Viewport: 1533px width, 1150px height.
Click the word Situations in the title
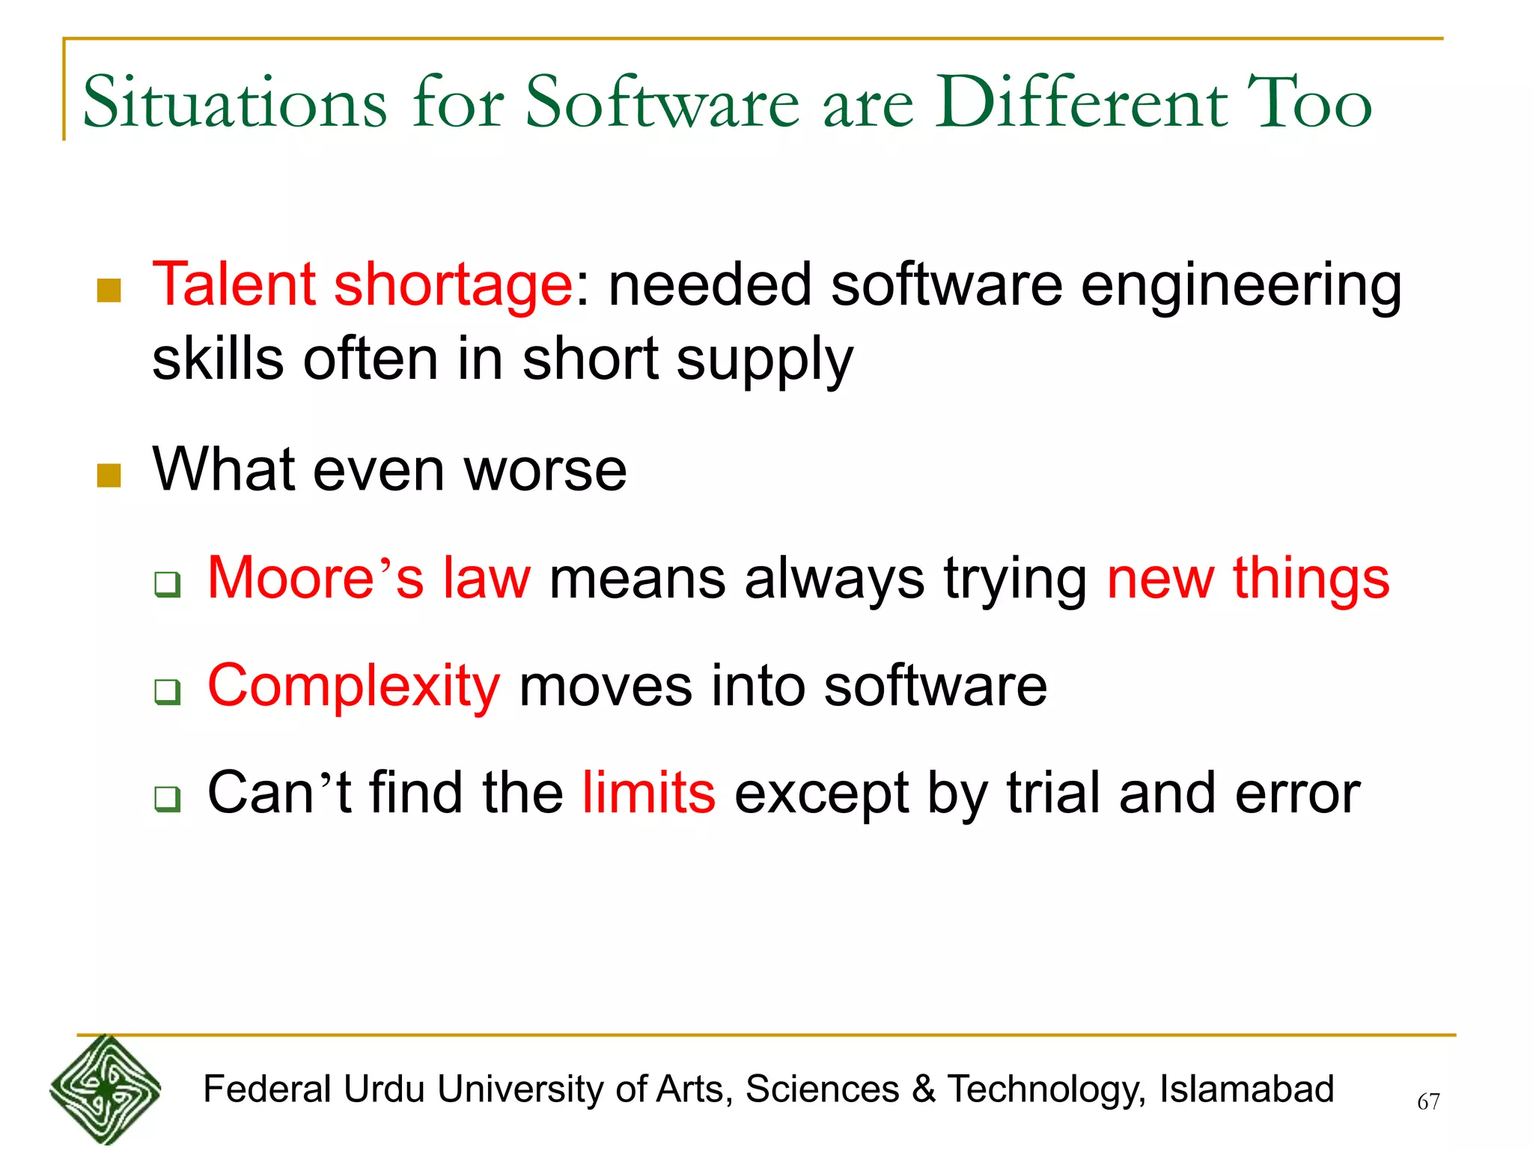[x=234, y=103]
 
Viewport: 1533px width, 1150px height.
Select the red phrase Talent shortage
[x=362, y=285]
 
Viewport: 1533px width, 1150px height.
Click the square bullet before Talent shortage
[x=109, y=290]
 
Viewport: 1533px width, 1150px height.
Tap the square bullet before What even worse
[x=109, y=475]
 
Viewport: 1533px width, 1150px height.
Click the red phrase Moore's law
[x=369, y=578]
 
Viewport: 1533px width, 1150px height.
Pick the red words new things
[x=1248, y=578]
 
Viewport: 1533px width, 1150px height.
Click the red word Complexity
[x=353, y=686]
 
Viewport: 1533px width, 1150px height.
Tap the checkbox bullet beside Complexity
[x=168, y=691]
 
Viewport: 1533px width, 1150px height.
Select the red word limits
[x=648, y=793]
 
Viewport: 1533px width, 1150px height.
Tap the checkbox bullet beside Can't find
[x=168, y=799]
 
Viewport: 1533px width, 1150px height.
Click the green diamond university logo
[x=106, y=1090]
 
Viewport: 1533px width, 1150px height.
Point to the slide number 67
[x=1428, y=1101]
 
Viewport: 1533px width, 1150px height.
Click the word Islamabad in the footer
[x=1246, y=1089]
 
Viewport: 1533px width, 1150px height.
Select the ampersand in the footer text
[x=924, y=1089]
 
